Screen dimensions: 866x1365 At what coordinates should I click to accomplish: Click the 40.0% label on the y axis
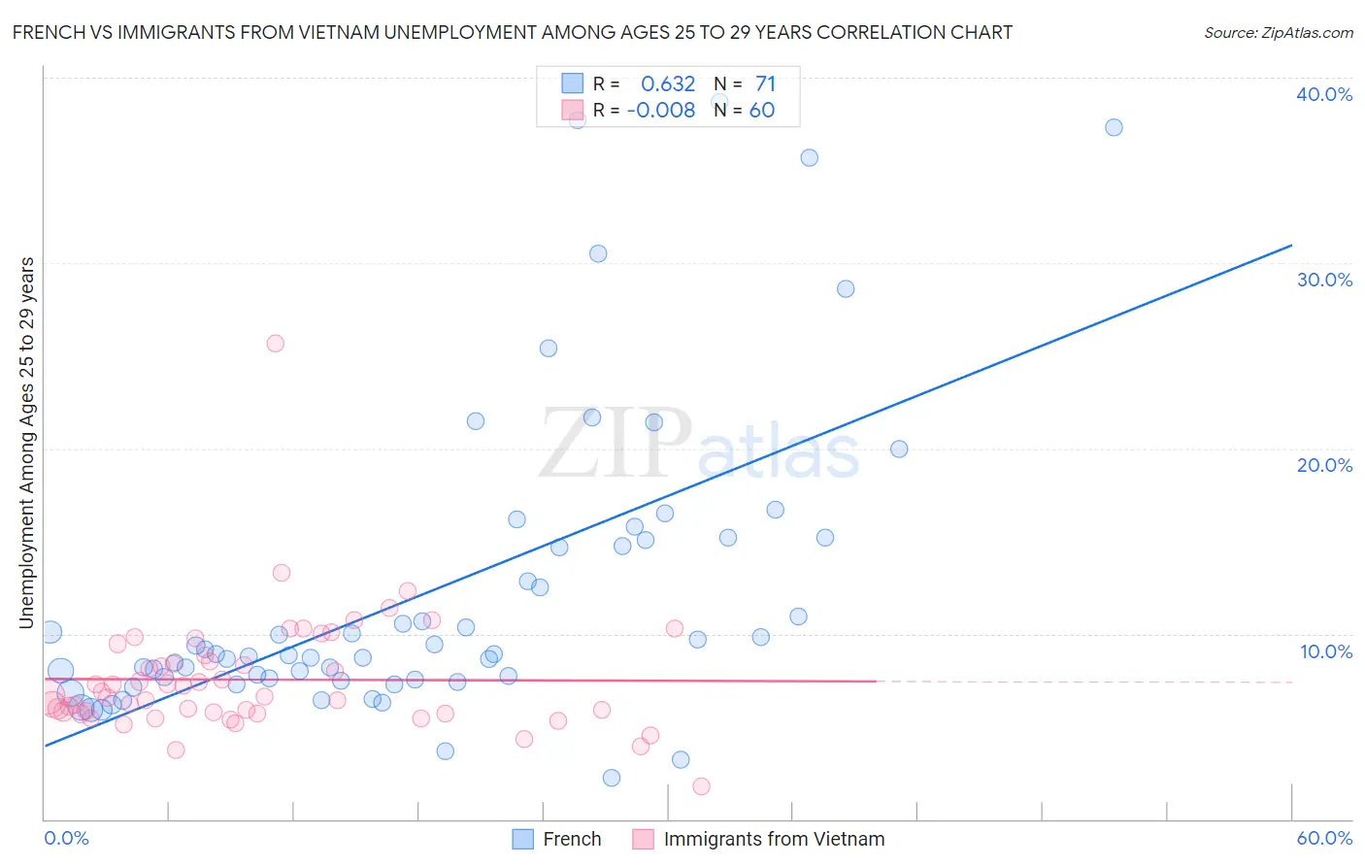click(x=1323, y=94)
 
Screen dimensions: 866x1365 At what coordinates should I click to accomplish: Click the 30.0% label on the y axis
click(x=1323, y=280)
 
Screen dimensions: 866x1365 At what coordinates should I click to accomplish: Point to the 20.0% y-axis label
click(x=1323, y=465)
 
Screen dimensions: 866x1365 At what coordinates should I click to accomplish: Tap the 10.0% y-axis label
click(x=1325, y=651)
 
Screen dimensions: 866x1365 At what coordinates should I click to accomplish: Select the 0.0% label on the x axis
click(x=66, y=838)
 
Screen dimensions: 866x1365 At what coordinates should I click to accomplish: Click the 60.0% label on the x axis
click(x=1323, y=838)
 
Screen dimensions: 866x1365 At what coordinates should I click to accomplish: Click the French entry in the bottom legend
click(x=572, y=839)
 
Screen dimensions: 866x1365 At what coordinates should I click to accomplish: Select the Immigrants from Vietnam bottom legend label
click(x=774, y=839)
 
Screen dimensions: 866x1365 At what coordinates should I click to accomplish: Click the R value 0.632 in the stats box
click(x=668, y=84)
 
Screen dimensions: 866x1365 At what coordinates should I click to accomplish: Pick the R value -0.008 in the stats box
click(x=661, y=111)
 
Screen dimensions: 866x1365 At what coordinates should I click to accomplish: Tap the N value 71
click(x=765, y=84)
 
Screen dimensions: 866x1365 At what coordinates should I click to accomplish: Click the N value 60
click(x=762, y=111)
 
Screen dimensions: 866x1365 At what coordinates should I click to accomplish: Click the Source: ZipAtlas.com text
click(x=1278, y=33)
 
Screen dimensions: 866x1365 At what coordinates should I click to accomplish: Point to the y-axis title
click(x=26, y=443)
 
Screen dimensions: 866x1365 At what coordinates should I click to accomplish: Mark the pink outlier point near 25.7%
click(x=275, y=343)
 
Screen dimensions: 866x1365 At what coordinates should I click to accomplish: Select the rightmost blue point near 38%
click(x=1114, y=127)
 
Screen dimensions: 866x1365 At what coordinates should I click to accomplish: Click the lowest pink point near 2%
click(x=701, y=786)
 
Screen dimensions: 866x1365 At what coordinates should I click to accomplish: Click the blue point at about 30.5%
click(x=598, y=253)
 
